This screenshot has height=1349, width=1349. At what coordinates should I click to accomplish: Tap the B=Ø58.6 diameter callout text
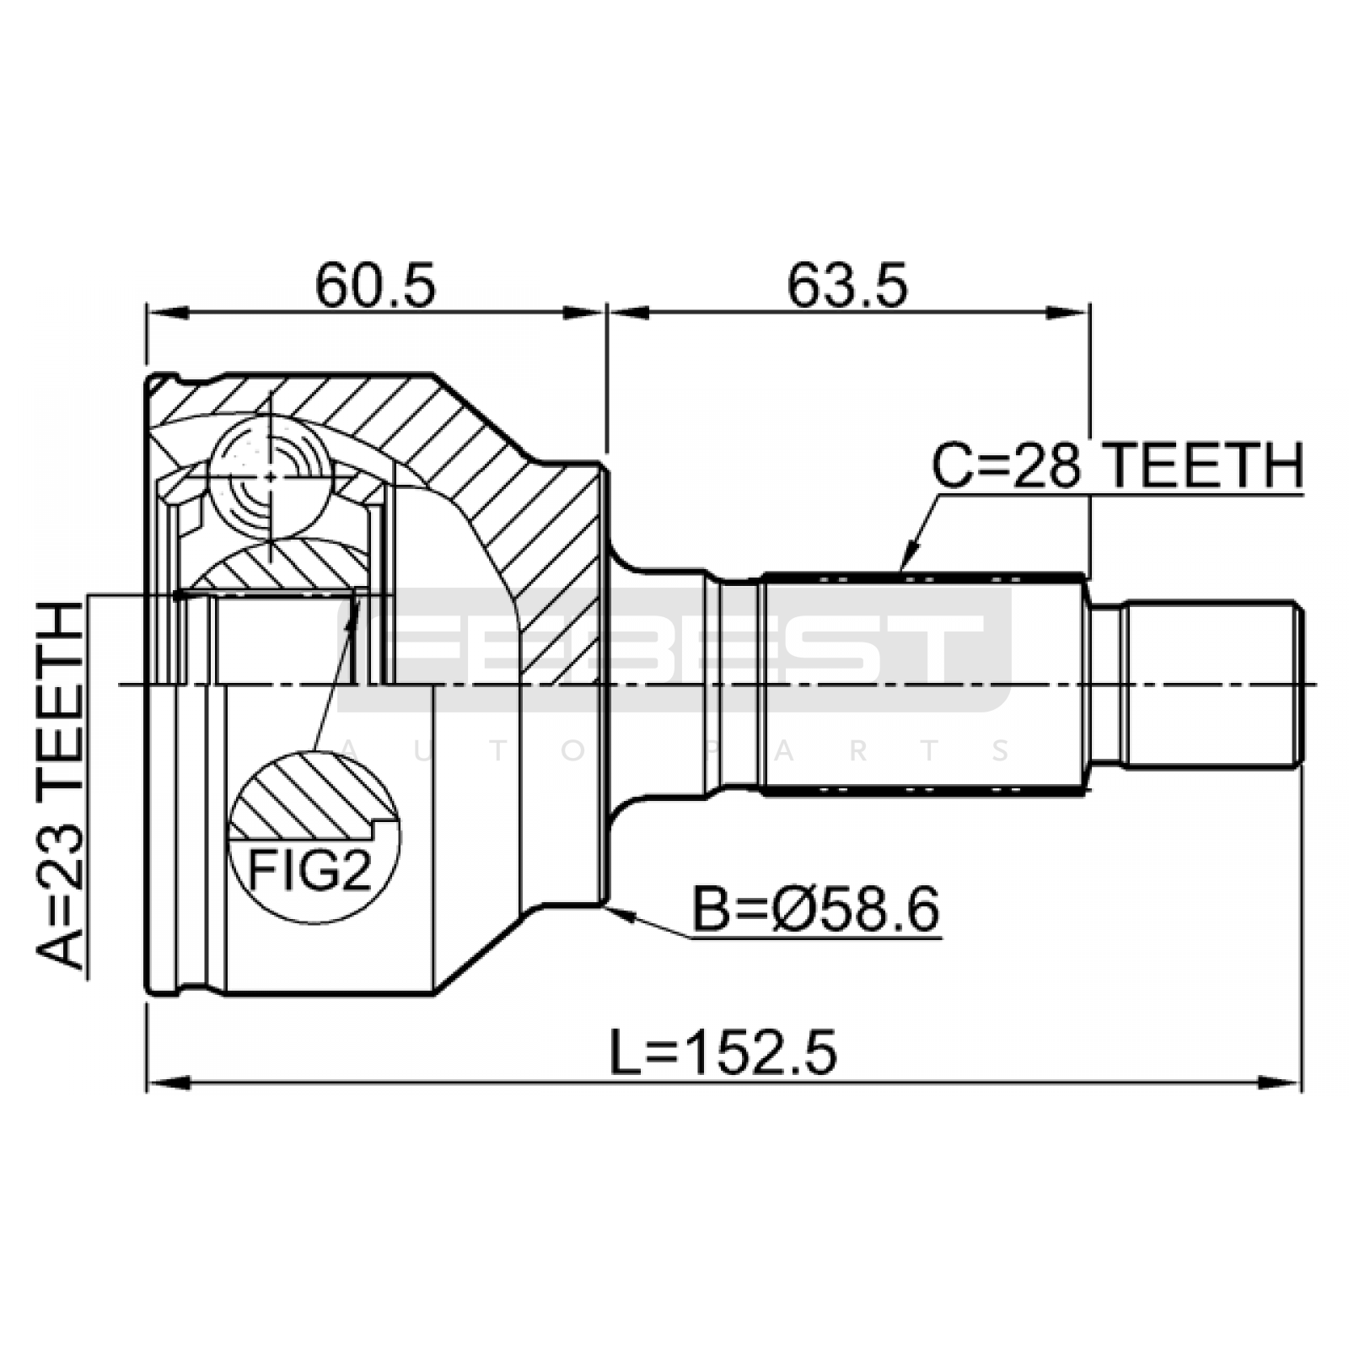coord(815,910)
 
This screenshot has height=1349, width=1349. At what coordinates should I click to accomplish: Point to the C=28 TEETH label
coord(1117,466)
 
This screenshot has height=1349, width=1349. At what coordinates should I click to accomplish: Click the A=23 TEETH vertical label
coord(61,787)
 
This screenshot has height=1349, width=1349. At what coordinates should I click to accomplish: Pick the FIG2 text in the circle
coord(309,869)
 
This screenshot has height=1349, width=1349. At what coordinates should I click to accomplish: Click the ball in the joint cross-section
coord(269,477)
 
